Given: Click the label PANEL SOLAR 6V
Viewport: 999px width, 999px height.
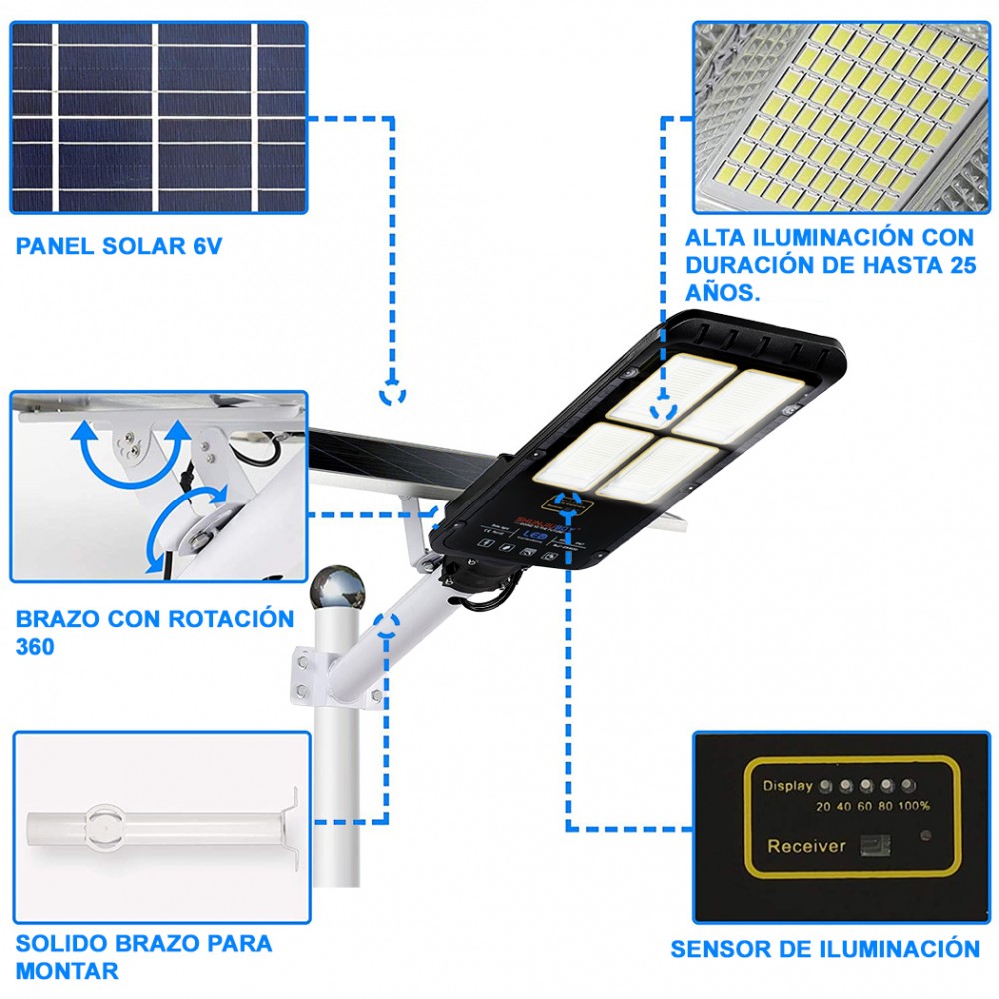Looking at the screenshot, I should [x=117, y=246].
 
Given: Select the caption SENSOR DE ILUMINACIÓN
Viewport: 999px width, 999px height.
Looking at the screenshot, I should [x=825, y=948].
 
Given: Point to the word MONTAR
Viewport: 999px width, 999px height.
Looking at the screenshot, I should [x=67, y=970].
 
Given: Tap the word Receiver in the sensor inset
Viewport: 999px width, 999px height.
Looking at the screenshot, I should [x=806, y=846].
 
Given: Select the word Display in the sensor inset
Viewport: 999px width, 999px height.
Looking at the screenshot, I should [x=787, y=785].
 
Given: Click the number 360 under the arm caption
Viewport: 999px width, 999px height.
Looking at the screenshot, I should [x=35, y=646].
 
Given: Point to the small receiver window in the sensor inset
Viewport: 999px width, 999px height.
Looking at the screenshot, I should [x=874, y=846].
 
